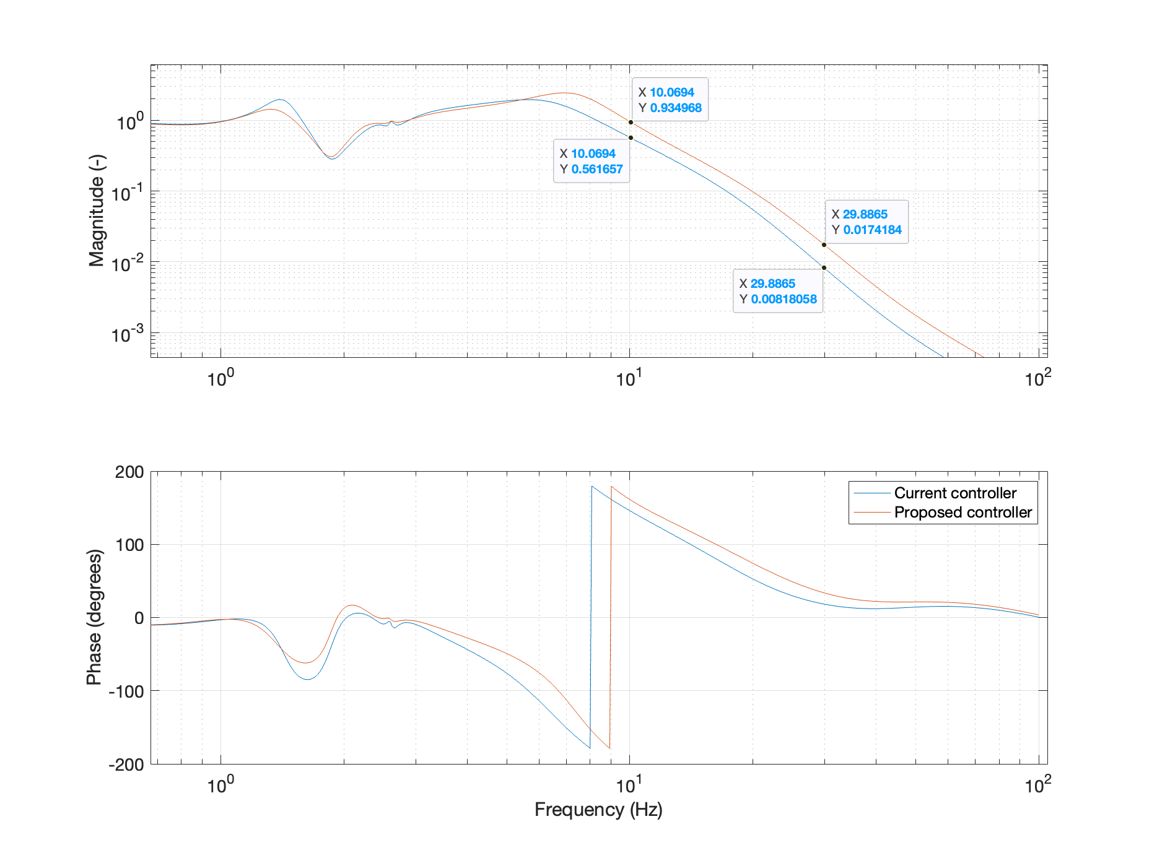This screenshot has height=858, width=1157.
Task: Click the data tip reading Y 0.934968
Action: pos(670,100)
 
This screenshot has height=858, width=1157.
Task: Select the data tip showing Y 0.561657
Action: pos(592,161)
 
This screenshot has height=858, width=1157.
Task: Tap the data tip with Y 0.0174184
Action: pos(867,222)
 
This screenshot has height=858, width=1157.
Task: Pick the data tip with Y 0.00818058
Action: pos(778,291)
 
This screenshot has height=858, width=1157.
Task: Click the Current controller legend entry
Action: pos(954,493)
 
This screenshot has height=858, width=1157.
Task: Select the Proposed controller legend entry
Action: pos(963,512)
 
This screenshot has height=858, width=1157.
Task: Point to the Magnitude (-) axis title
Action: pos(97,210)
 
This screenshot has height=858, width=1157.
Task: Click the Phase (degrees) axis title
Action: pos(94,617)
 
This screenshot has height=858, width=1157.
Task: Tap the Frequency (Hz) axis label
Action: pos(598,809)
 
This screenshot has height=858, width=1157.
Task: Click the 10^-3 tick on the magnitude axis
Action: pos(128,334)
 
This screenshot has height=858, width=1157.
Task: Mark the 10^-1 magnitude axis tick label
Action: pos(128,193)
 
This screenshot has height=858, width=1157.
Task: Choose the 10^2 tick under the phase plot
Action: pos(1038,786)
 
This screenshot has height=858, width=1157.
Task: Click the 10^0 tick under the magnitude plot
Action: pos(220,378)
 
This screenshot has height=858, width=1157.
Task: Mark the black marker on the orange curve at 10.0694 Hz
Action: pos(631,123)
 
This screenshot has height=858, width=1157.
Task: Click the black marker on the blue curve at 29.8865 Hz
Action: pos(824,268)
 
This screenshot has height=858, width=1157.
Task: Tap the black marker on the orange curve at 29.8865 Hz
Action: pos(824,245)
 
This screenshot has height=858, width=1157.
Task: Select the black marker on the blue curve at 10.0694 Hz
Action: pos(631,137)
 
